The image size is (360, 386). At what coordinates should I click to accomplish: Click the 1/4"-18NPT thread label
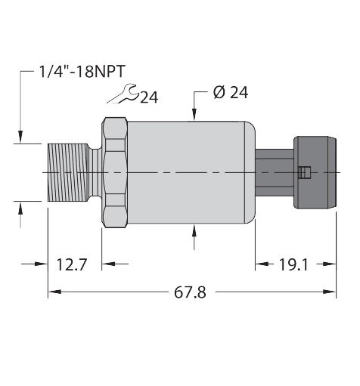(82, 73)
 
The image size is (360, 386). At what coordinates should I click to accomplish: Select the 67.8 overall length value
(191, 292)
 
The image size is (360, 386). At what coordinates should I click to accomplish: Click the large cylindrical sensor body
(189, 173)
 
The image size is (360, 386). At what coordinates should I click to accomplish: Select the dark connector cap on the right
(312, 173)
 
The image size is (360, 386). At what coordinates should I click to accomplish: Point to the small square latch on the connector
(303, 173)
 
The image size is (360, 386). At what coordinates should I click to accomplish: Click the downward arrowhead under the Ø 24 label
(195, 115)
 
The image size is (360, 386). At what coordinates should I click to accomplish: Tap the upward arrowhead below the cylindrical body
(195, 230)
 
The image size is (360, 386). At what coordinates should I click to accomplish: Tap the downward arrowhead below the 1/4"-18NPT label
(20, 137)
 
